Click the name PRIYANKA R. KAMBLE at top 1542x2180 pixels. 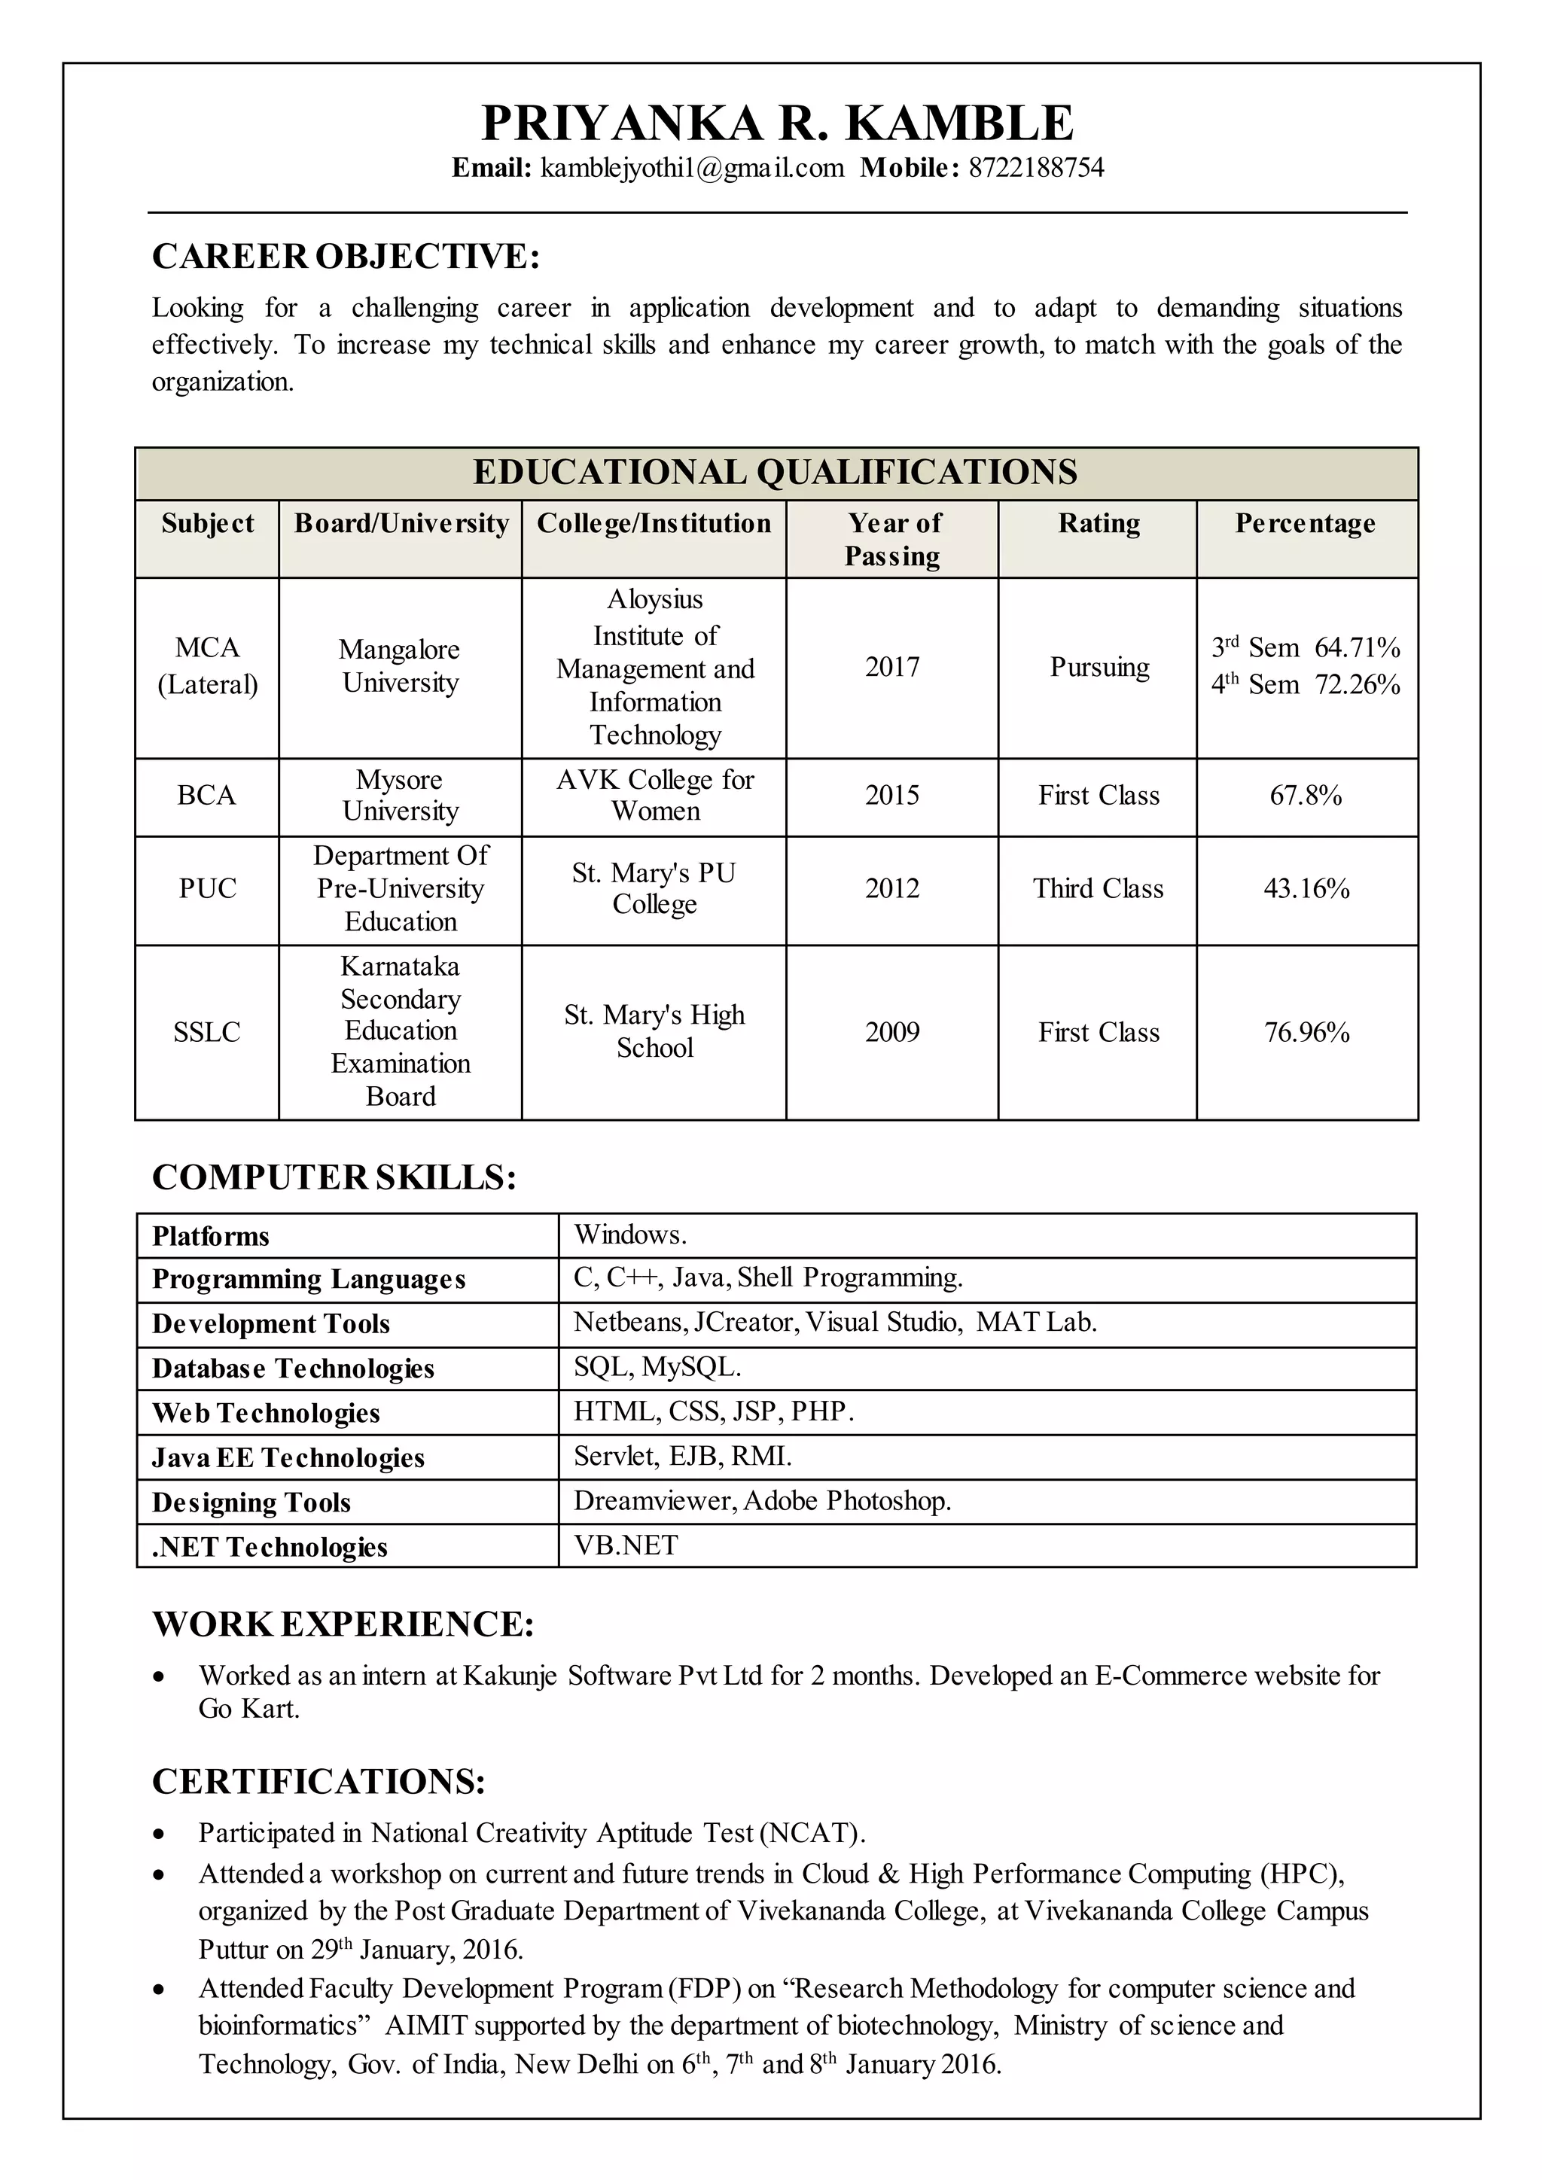777,123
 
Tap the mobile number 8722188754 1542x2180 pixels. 1036,168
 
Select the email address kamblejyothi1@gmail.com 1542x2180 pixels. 692,168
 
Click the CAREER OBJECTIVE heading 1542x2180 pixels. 346,257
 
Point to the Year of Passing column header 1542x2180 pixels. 892,538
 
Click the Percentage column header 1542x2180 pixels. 1305,523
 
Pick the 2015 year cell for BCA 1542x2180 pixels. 891,795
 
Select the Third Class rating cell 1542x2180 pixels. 1098,889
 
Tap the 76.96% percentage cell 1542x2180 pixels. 1306,1032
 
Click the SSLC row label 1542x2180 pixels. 207,1032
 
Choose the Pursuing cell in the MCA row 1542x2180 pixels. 1099,668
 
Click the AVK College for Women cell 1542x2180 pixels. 654,795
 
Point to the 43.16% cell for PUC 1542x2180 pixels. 1306,889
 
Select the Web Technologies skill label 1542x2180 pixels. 266,1413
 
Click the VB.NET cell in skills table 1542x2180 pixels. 626,1545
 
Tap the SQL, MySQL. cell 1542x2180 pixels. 657,1367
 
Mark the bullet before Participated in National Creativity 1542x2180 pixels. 160,1834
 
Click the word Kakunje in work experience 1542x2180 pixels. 509,1676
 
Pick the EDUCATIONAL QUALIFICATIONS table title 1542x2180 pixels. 775,473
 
